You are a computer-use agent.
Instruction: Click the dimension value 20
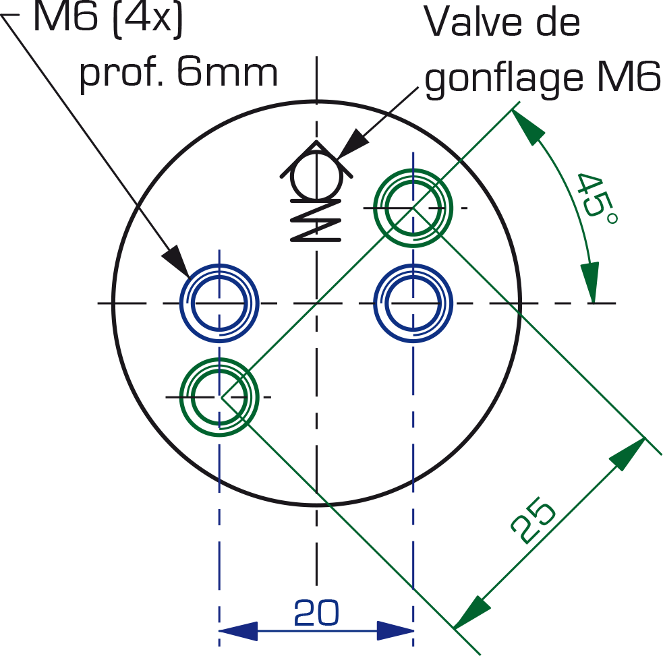[x=316, y=612]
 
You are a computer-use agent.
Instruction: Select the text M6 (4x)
[x=108, y=19]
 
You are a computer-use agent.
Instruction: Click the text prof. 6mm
[x=179, y=73]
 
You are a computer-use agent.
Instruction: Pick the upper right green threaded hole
[x=413, y=208]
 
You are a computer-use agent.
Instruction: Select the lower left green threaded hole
[x=219, y=397]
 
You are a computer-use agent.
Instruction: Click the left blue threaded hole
[x=219, y=303]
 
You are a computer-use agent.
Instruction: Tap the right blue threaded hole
[x=413, y=303]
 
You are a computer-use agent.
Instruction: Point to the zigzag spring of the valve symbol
[x=316, y=220]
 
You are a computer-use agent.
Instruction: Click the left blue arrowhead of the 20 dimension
[x=238, y=631]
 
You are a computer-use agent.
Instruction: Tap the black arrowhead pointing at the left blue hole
[x=177, y=260]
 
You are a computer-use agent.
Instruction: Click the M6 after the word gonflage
[x=629, y=76]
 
